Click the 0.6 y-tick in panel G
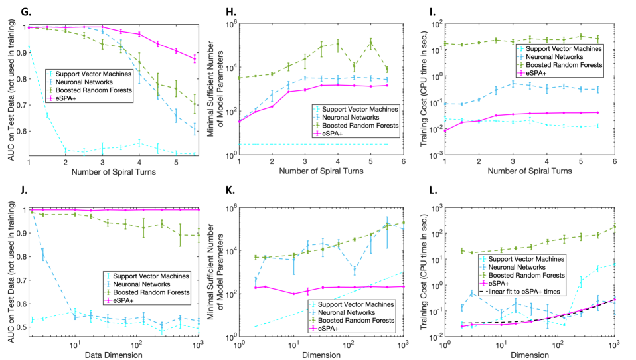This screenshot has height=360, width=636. click(19, 131)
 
